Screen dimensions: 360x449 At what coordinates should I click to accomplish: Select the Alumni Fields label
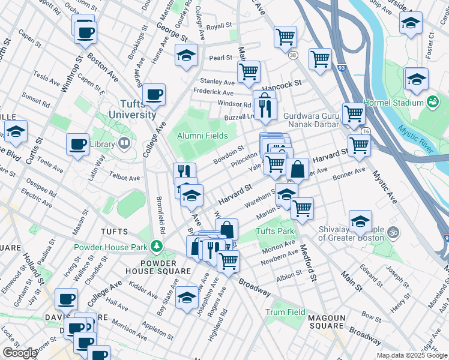(x=202, y=136)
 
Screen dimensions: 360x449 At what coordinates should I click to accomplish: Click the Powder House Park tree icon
(x=157, y=246)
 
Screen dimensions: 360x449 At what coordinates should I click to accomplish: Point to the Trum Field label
(x=286, y=313)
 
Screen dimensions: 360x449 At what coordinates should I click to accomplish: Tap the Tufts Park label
(x=275, y=231)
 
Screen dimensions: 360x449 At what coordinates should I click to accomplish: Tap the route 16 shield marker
(x=366, y=131)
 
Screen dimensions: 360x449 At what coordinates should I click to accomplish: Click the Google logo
(x=20, y=353)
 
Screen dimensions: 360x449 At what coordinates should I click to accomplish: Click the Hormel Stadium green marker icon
(x=432, y=103)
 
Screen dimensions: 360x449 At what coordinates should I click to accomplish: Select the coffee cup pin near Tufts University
(x=154, y=94)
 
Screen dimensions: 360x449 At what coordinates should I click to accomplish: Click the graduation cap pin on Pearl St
(x=187, y=56)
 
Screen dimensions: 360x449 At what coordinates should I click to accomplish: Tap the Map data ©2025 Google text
(x=412, y=355)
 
